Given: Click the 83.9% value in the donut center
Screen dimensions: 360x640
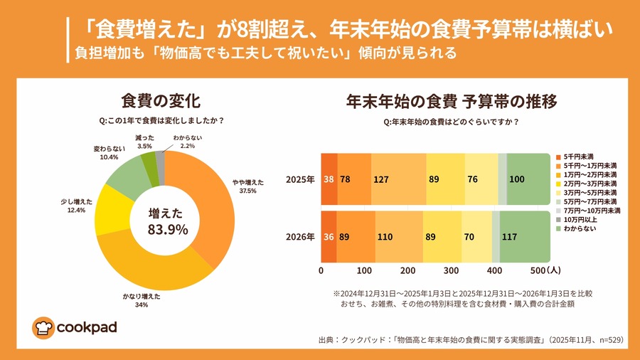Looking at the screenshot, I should pos(167,229).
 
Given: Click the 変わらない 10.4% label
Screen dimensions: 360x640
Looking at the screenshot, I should pos(110,152).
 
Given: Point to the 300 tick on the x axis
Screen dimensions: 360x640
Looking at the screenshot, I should pos(452,270).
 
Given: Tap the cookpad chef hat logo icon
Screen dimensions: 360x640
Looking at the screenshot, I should pos(43,327).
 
